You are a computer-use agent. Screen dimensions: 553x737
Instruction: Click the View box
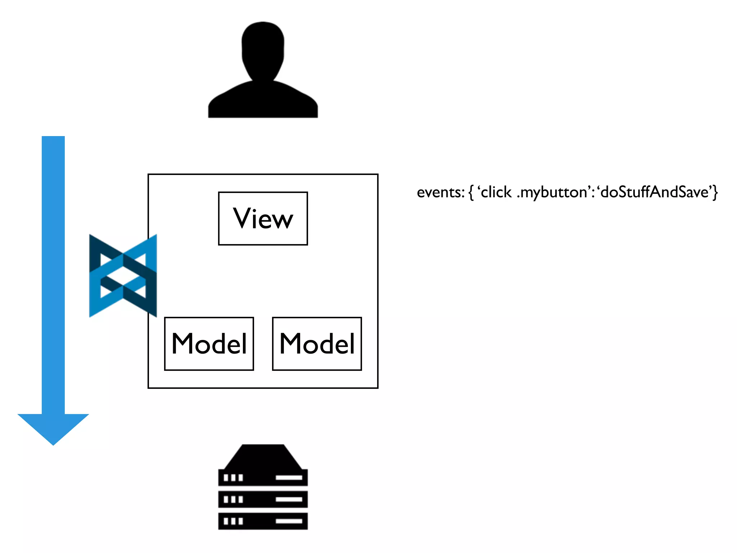[263, 219]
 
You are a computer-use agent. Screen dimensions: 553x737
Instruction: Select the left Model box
[209, 343]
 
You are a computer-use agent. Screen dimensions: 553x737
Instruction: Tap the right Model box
[317, 343]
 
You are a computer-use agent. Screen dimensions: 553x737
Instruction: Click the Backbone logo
[123, 276]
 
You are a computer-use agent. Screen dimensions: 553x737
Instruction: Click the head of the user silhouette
[263, 49]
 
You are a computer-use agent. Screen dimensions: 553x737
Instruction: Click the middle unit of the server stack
[263, 499]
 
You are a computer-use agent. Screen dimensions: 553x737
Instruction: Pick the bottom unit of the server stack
[263, 521]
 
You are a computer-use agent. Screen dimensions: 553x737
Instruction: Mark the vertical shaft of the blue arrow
[53, 274]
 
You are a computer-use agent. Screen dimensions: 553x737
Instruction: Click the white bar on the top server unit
[289, 478]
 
